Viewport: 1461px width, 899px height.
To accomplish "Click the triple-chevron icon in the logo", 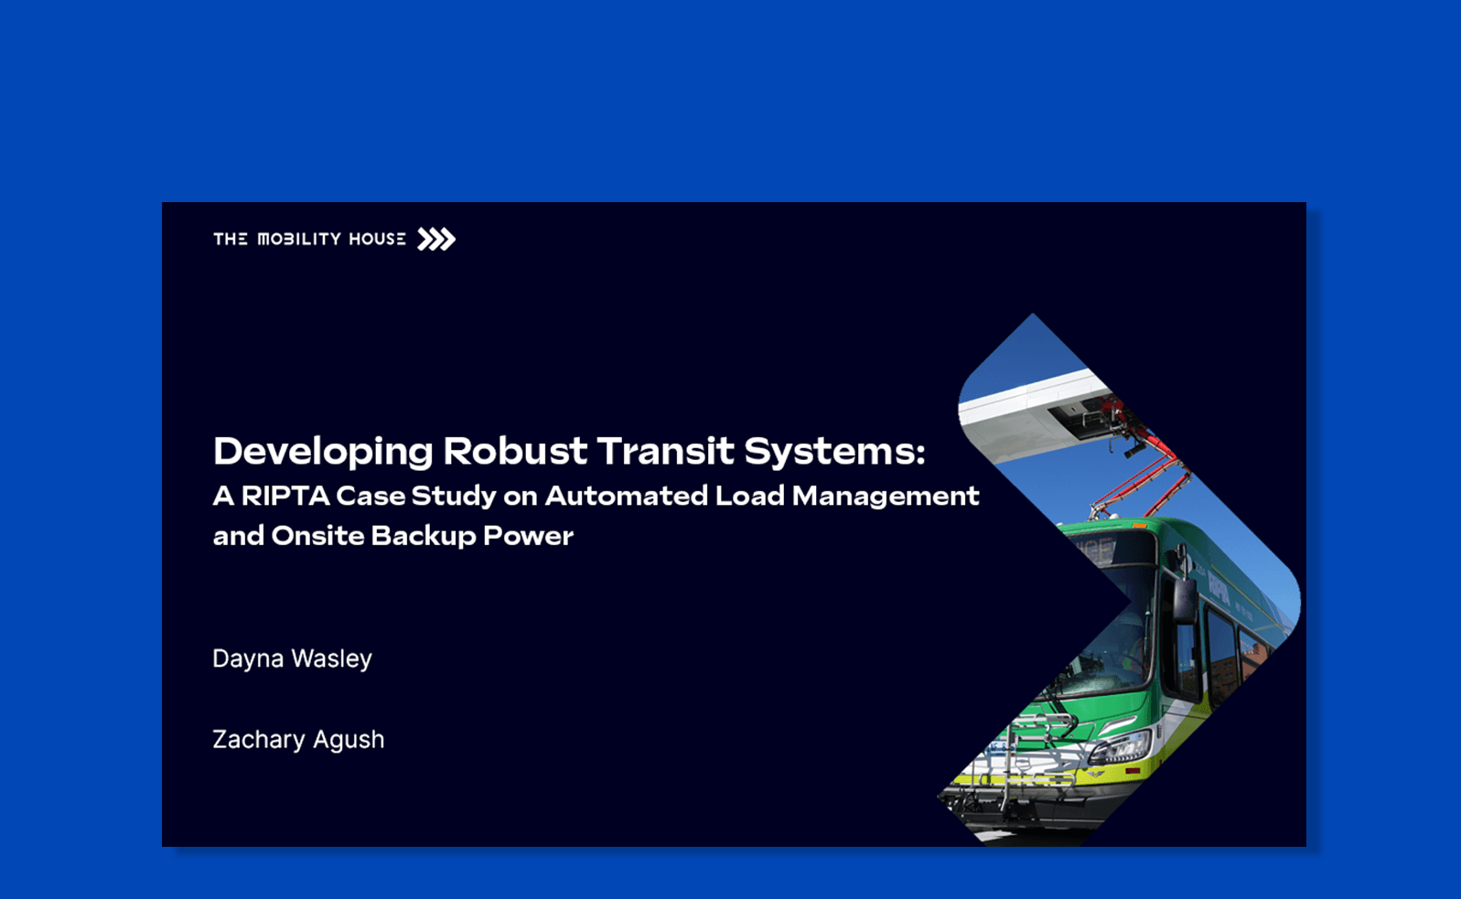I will (436, 240).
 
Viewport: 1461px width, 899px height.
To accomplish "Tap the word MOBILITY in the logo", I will (299, 240).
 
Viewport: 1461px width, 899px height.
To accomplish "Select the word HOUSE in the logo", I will (377, 240).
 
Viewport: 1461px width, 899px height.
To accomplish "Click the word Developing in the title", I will (323, 452).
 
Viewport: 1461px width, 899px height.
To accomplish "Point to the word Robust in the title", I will (515, 452).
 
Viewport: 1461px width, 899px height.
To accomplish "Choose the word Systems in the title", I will (831, 452).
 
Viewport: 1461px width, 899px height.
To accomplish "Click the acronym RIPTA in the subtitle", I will (285, 496).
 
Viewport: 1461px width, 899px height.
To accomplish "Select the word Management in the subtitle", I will (886, 496).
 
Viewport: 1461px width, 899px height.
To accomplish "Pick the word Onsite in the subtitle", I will (317, 536).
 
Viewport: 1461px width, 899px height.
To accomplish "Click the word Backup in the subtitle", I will (422, 536).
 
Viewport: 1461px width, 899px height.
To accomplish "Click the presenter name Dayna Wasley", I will (292, 658).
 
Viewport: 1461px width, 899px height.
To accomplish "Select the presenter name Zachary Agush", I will (298, 739).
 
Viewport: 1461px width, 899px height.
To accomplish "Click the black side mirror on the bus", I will (1184, 599).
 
